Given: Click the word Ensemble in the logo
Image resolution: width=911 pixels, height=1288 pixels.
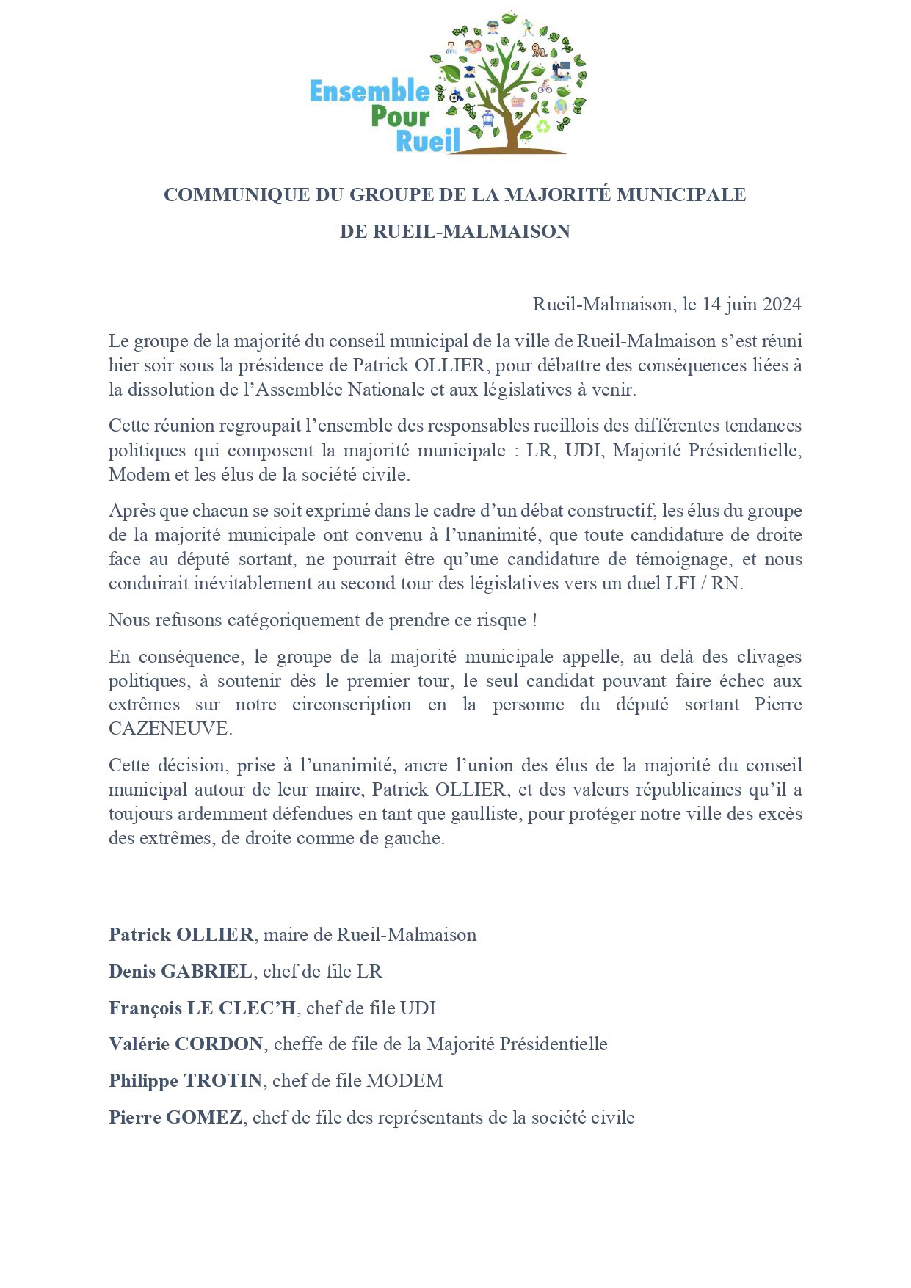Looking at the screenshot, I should click(x=369, y=92).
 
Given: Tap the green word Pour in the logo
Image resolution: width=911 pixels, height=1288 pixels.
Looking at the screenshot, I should click(x=400, y=117).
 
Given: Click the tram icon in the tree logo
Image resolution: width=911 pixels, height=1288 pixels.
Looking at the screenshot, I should click(x=487, y=119).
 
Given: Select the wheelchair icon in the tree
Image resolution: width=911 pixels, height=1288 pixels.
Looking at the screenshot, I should click(x=456, y=95).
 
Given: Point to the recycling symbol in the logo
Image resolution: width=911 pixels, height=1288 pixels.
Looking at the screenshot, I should click(x=542, y=126).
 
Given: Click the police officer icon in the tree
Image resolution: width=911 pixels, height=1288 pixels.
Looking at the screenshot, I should click(x=493, y=28).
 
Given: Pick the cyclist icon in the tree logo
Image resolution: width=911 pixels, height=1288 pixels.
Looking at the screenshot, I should click(x=544, y=87).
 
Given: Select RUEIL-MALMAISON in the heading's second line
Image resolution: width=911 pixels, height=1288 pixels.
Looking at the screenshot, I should click(x=471, y=231).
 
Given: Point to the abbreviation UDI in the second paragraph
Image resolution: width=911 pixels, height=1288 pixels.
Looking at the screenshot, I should click(x=584, y=450).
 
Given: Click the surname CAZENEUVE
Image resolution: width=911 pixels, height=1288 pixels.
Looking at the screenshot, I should click(x=170, y=729).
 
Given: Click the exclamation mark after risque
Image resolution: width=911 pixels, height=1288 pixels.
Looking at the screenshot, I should click(x=534, y=620).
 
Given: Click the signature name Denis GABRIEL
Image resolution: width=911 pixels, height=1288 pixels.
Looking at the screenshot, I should click(x=180, y=972).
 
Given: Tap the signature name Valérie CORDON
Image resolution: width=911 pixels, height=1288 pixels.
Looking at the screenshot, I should click(x=186, y=1044).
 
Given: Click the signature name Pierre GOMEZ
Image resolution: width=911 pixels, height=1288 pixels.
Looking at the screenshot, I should click(x=175, y=1118).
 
